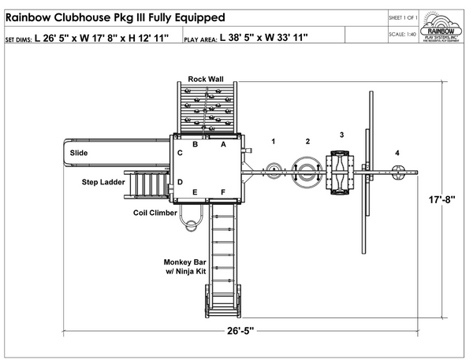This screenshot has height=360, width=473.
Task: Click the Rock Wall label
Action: click(206, 79)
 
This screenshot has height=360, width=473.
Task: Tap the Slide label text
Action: click(78, 153)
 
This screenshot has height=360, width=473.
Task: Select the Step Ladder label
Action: click(102, 182)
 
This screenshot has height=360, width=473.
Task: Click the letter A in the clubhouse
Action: click(223, 145)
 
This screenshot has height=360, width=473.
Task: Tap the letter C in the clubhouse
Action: click(181, 153)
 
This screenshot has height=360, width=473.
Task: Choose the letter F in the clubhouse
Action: click(223, 191)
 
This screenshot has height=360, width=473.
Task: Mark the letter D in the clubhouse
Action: click(181, 182)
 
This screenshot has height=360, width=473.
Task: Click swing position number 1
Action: click(274, 142)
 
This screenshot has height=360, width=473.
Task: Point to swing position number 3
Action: click(341, 135)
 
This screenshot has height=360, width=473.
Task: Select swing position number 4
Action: click(397, 153)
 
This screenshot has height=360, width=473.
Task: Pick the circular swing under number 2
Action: click(306, 172)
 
